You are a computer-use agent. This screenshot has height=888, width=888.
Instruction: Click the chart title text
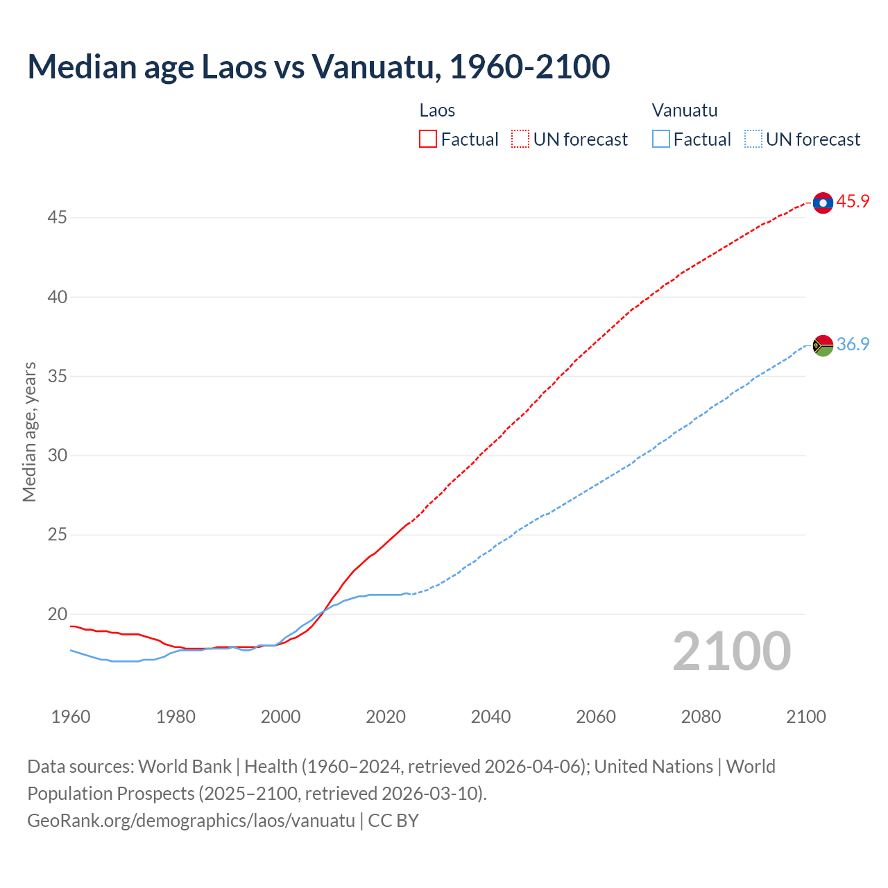click(x=318, y=67)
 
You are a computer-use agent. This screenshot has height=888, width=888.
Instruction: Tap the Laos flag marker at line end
click(x=823, y=203)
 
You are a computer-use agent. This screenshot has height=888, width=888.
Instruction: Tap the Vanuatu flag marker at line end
click(x=823, y=345)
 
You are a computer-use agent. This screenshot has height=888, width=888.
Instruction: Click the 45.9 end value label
click(x=853, y=202)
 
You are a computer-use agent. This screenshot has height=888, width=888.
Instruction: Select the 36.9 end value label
click(x=853, y=344)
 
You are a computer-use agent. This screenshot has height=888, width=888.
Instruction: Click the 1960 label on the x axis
click(x=71, y=717)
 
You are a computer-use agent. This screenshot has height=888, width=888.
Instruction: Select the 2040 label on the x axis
click(x=490, y=717)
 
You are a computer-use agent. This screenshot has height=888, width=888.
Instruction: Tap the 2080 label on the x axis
click(x=701, y=717)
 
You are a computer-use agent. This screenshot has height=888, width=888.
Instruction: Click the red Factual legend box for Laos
click(x=428, y=139)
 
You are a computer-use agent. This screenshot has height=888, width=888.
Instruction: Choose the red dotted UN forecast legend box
click(x=520, y=139)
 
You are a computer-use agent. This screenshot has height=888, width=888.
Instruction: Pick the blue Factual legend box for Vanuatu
click(x=661, y=139)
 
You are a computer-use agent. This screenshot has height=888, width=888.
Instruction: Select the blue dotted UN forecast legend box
click(x=753, y=139)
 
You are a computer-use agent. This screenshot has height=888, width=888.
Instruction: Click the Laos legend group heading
click(x=437, y=110)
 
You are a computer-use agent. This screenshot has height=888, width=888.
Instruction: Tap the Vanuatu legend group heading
click(x=684, y=110)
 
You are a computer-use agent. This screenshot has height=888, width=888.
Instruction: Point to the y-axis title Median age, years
click(x=29, y=432)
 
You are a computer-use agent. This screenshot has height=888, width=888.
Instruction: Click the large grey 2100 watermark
click(x=731, y=651)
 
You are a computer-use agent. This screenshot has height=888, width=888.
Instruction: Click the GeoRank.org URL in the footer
click(x=191, y=821)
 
